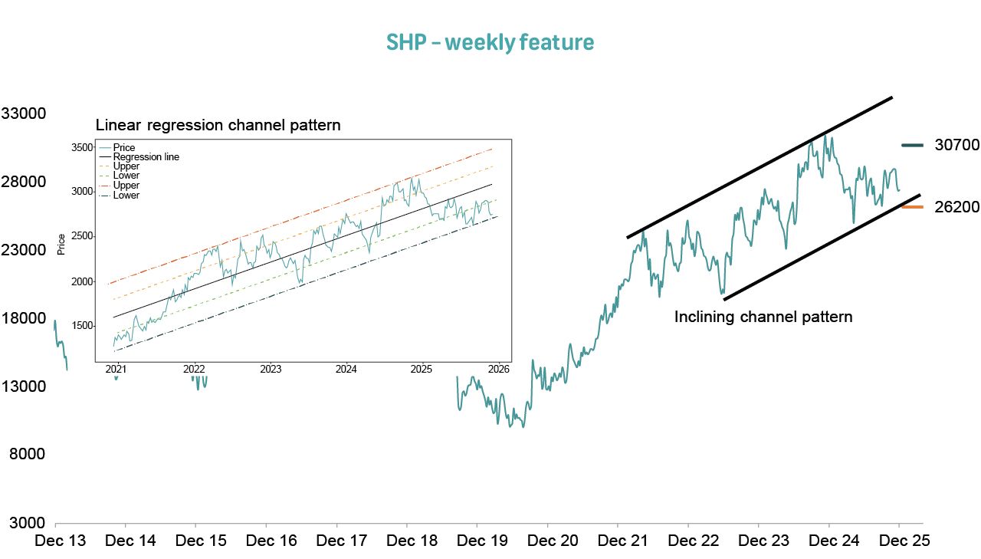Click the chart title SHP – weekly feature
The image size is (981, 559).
(x=490, y=42)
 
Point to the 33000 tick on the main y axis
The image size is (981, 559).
(x=24, y=113)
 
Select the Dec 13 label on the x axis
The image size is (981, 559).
(x=61, y=541)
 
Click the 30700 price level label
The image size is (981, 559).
(x=956, y=145)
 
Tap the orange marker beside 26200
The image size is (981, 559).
(x=914, y=207)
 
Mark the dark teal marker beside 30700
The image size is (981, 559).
(x=914, y=145)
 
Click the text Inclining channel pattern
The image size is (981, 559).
(x=763, y=317)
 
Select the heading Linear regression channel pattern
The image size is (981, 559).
(x=218, y=125)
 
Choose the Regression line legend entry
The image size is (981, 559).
(x=146, y=156)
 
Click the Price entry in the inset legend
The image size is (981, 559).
(x=123, y=147)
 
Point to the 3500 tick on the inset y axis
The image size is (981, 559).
(x=81, y=147)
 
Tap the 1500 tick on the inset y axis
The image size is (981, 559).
(x=81, y=326)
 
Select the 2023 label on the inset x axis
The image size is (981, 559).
(x=271, y=369)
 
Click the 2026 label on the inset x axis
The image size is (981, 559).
(x=499, y=369)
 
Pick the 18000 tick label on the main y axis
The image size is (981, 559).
(x=24, y=317)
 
